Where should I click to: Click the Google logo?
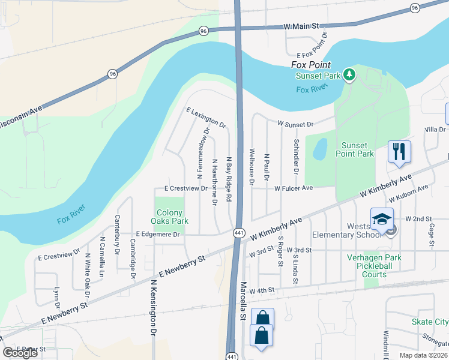20,353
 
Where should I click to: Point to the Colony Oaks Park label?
172,217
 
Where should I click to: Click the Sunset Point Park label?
358,149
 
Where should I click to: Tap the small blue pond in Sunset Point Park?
319,149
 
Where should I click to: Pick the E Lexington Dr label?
206,118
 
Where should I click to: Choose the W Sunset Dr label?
295,124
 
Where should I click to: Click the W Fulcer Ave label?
294,188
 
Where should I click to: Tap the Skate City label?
430,322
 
